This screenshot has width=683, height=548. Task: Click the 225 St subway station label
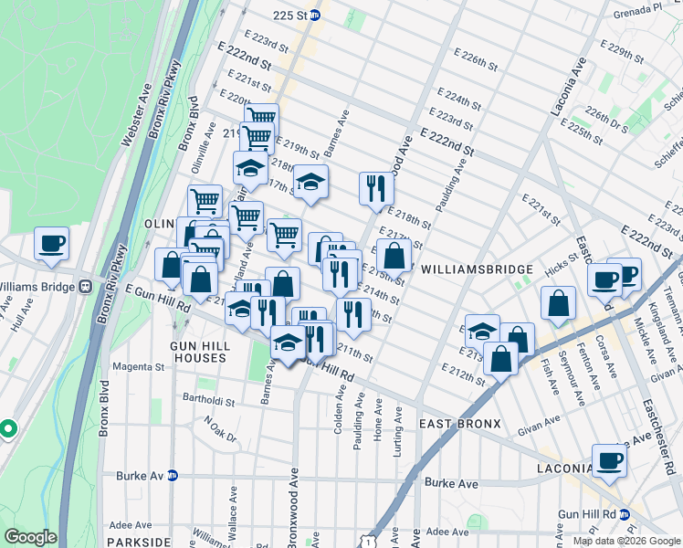290,16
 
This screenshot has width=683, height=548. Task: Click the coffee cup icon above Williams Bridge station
52,243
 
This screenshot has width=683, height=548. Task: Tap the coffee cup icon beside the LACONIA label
609,460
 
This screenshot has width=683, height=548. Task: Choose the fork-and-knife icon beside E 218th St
376,188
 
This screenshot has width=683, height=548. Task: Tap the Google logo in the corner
30,537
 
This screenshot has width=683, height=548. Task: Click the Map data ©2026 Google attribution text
625,541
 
